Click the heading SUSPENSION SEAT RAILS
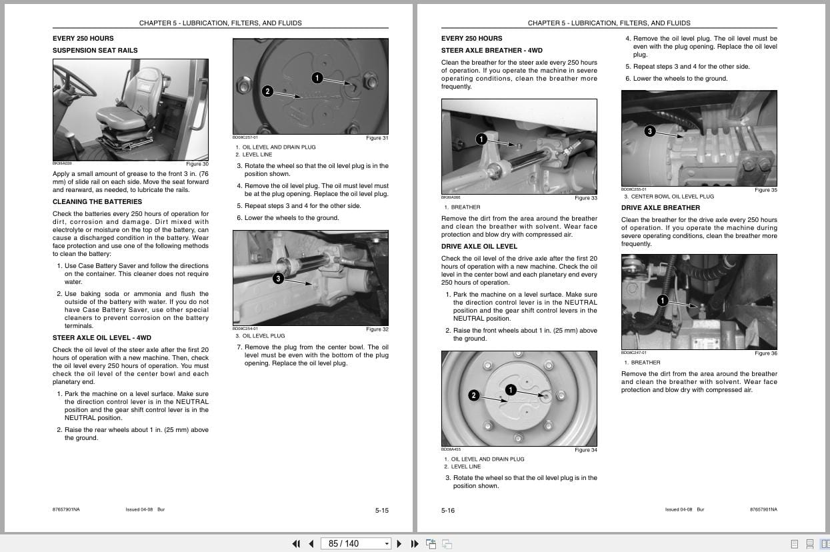tap(95, 50)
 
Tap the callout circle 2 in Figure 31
tap(267, 91)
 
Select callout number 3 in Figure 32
tap(278, 278)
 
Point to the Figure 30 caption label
tap(197, 164)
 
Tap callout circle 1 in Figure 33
tap(481, 139)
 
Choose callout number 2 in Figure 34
tap(473, 395)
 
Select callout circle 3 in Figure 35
tap(649, 131)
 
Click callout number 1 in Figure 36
tap(662, 301)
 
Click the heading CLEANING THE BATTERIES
tap(97, 201)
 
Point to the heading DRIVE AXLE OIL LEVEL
tap(479, 246)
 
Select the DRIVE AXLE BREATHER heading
tap(660, 207)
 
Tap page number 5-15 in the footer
tap(381, 511)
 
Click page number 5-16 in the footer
tap(448, 511)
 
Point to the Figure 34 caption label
tap(585, 450)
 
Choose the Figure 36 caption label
tap(765, 353)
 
